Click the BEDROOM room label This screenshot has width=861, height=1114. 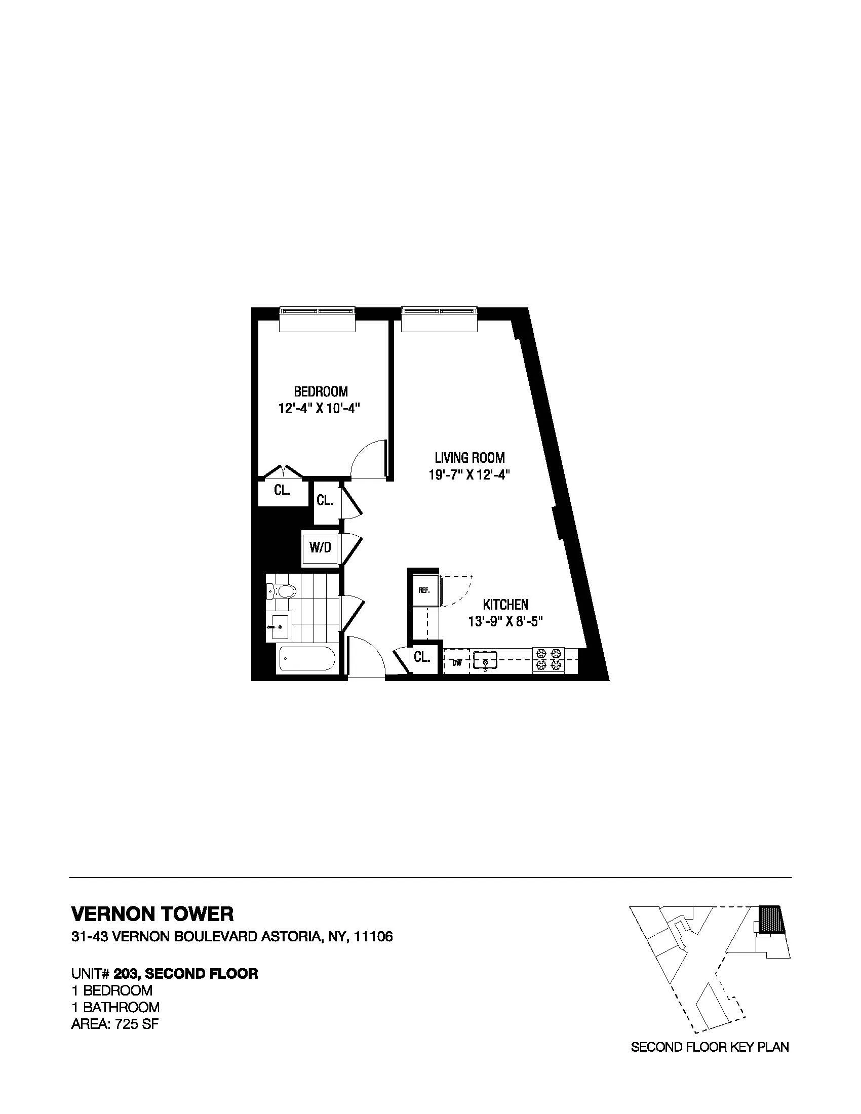point(320,392)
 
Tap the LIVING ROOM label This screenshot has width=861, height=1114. point(469,458)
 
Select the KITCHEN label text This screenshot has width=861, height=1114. point(505,605)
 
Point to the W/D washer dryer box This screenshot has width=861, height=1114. point(320,548)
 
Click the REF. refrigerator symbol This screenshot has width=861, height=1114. point(423,590)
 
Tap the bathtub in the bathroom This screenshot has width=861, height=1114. point(306,660)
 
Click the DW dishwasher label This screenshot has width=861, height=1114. point(457,663)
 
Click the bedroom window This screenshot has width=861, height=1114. point(317,311)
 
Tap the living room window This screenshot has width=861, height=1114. point(439,311)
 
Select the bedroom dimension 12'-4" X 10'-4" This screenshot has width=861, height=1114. point(320,409)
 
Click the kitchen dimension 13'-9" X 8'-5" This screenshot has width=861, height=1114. point(505,622)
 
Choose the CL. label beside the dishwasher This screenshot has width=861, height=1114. point(422,657)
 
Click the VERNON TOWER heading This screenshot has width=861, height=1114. point(152,913)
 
